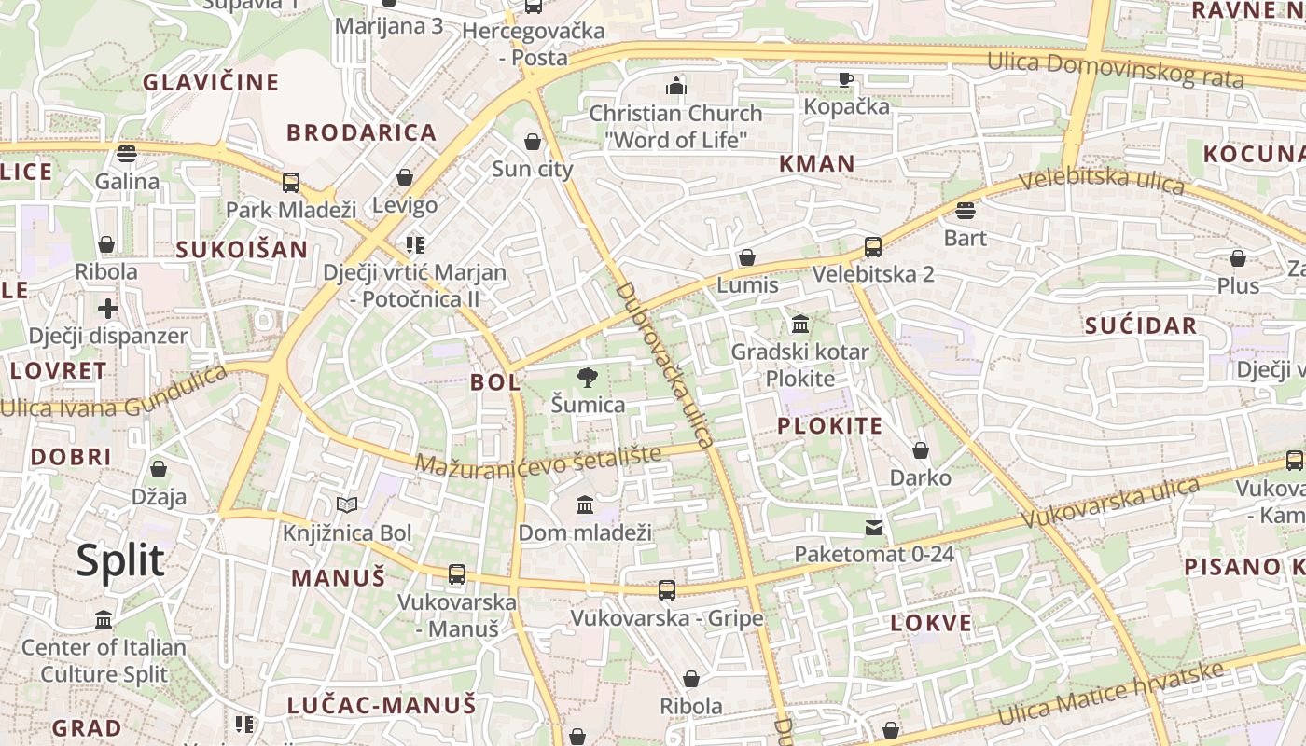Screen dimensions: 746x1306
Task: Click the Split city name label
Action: tap(120, 561)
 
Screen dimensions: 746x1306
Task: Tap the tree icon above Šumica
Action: tap(588, 378)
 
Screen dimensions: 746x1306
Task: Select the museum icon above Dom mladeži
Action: tap(585, 505)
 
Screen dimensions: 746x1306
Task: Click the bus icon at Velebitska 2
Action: tap(873, 247)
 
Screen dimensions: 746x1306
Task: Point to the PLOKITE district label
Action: tap(829, 427)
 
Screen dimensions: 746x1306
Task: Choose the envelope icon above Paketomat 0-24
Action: tap(874, 528)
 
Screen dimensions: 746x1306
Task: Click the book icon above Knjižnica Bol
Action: tap(347, 505)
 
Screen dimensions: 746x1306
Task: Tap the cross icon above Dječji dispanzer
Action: tap(108, 308)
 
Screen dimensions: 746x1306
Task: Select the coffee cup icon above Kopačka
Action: tap(846, 79)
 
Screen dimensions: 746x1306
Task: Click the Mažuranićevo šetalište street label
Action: tap(538, 459)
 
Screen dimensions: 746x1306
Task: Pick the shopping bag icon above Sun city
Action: tap(533, 142)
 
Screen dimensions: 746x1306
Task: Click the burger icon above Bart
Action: tap(966, 211)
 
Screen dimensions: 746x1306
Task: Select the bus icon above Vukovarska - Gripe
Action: tap(666, 589)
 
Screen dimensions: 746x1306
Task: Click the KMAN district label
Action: tap(817, 164)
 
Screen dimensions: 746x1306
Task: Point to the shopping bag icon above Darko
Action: tap(921, 450)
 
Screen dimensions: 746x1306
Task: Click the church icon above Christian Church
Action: tap(676, 87)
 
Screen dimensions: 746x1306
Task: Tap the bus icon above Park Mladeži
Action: tap(291, 182)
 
